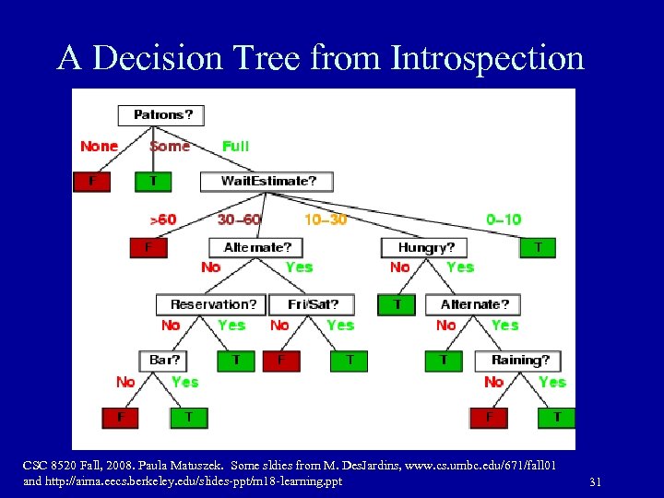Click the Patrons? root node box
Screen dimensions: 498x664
click(161, 115)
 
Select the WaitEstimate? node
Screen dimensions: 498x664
click(267, 181)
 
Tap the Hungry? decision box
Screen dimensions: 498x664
click(423, 247)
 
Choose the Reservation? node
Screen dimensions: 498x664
click(212, 304)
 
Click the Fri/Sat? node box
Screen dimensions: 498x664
click(313, 304)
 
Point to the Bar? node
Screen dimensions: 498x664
click(163, 361)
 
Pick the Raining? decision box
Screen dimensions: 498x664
click(518, 361)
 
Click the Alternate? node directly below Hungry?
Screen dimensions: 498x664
click(473, 304)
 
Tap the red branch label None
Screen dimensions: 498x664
click(99, 146)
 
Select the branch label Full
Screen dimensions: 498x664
click(235, 146)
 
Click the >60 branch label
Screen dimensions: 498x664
click(162, 219)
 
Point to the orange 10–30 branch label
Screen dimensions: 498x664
click(326, 219)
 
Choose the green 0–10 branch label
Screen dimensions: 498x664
click(504, 219)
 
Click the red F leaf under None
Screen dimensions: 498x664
click(91, 182)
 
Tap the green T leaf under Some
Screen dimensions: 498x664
click(153, 182)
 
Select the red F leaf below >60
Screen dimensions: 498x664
click(148, 247)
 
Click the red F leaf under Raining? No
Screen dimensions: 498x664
click(489, 417)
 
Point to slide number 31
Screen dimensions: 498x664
click(594, 482)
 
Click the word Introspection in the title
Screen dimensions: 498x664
click(487, 58)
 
